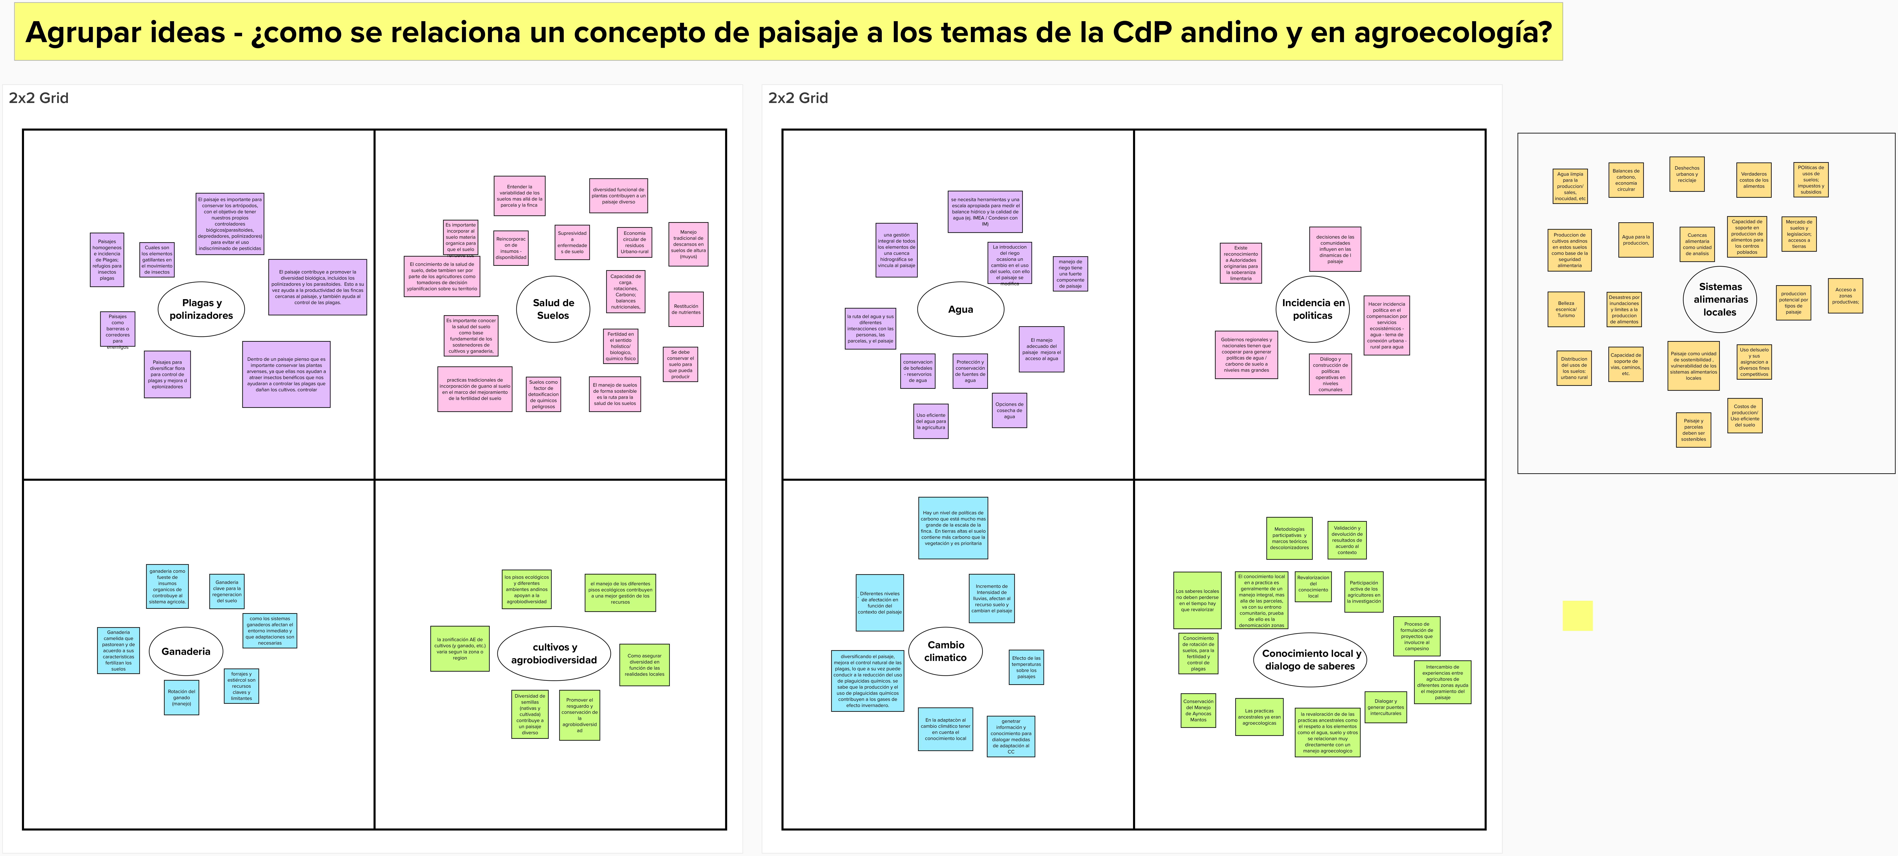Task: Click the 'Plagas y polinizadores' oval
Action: pos(201,309)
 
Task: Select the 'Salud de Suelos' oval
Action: pos(553,309)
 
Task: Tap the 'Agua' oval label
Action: pos(960,309)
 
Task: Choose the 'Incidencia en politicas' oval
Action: pos(1313,309)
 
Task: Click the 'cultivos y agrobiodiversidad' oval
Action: pos(554,654)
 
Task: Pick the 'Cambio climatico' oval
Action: pos(945,651)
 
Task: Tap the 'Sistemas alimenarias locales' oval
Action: pos(1720,299)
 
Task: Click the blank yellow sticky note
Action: pos(1578,616)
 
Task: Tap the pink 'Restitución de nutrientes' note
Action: pos(686,309)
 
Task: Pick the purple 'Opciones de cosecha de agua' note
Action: pos(1009,410)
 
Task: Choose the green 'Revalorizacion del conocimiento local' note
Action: pos(1313,587)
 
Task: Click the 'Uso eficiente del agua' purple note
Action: pos(931,421)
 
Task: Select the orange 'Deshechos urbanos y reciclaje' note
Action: pos(1686,174)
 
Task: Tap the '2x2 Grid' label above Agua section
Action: pos(798,98)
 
